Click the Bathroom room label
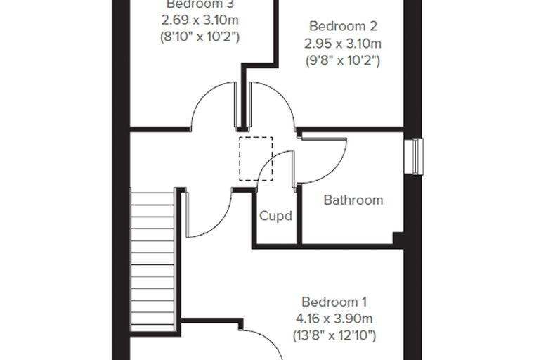pos(353,200)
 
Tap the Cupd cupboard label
pos(276,216)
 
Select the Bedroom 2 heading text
pos(343,26)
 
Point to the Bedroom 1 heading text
pos(334,302)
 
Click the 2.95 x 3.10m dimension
pos(343,44)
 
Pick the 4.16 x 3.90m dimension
pos(334,319)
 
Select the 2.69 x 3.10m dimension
pos(200,20)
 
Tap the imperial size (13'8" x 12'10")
pos(334,335)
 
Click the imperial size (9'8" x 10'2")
pos(343,60)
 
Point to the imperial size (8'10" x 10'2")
pos(200,37)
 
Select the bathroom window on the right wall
pos(413,157)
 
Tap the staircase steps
pos(152,262)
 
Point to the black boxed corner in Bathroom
pos(398,238)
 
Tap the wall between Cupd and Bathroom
pos(299,214)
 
